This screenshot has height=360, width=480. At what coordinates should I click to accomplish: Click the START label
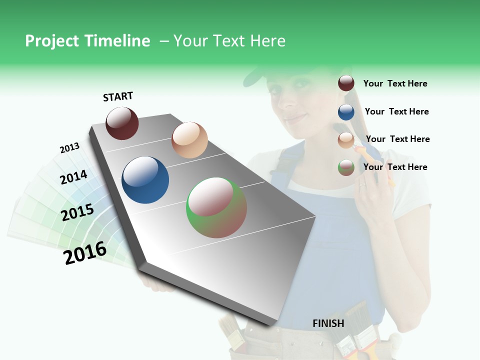tap(118, 96)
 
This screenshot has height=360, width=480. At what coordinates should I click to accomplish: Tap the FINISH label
tap(328, 323)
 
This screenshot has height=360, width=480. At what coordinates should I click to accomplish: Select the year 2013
tap(69, 148)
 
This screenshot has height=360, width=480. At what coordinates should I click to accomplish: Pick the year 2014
tap(73, 177)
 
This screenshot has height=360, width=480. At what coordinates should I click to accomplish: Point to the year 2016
tap(85, 252)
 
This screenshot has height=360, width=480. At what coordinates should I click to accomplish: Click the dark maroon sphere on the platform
tap(122, 123)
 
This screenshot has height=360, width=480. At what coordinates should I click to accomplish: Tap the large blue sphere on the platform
tap(145, 180)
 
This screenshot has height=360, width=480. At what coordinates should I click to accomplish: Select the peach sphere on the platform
tap(189, 140)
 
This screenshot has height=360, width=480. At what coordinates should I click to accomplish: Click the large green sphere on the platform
tap(216, 207)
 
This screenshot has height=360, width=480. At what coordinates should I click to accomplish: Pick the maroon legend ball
tap(346, 83)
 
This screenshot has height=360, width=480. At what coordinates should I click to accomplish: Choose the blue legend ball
tap(346, 111)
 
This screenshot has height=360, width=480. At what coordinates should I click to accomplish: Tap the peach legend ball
tap(346, 139)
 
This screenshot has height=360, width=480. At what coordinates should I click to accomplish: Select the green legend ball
tap(346, 167)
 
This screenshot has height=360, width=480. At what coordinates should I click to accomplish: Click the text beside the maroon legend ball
tap(395, 83)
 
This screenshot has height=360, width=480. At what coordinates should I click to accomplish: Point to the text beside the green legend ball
tap(395, 167)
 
